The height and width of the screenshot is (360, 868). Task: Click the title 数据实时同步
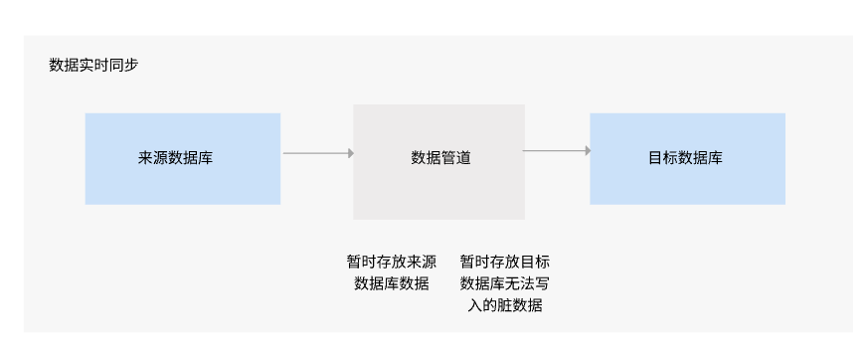click(93, 66)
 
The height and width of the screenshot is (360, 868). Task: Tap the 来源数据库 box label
click(175, 158)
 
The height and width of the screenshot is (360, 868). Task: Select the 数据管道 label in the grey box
click(440, 158)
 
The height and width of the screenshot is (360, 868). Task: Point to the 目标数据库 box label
click(685, 158)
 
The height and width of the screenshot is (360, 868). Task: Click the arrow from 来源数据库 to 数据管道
click(318, 153)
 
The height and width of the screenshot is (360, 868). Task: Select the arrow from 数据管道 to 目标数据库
click(557, 150)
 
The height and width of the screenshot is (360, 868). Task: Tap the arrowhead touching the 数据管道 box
click(351, 153)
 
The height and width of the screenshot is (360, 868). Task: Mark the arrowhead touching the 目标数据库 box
click(588, 150)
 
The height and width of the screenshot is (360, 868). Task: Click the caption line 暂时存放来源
click(392, 262)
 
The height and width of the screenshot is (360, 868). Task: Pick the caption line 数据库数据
click(392, 283)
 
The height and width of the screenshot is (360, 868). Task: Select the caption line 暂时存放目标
click(505, 262)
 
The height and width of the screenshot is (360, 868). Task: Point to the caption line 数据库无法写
click(505, 283)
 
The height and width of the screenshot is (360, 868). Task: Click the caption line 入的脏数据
click(505, 305)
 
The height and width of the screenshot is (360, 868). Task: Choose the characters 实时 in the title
click(93, 66)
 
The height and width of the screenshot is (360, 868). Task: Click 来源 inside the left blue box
click(153, 158)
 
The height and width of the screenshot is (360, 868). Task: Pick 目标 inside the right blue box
click(663, 158)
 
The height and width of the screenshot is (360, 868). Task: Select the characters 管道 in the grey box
click(456, 158)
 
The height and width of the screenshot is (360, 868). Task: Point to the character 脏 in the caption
click(505, 305)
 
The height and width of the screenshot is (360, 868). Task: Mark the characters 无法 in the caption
click(520, 283)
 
